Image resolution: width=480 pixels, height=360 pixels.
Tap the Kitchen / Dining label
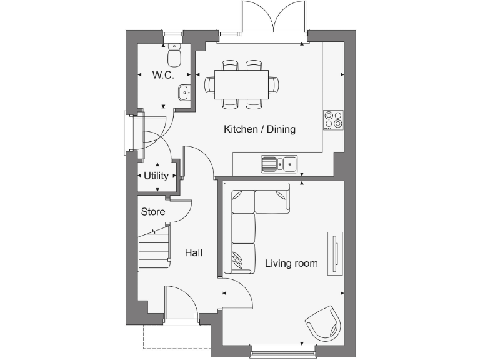pyautogui.click(x=259, y=129)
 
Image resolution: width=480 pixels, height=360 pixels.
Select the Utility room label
pyautogui.click(x=156, y=176)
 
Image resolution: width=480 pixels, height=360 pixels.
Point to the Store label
pyautogui.click(x=153, y=212)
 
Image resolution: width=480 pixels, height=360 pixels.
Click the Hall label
pyautogui.click(x=193, y=253)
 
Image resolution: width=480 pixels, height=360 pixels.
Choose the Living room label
pyautogui.click(x=291, y=264)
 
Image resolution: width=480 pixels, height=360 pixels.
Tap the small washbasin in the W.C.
pyautogui.click(x=184, y=92)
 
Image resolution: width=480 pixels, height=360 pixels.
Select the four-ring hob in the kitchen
pyautogui.click(x=332, y=119)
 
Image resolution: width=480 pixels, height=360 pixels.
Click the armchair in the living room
pyautogui.click(x=324, y=324)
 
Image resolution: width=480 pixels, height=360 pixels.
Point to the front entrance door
pyautogui.click(x=179, y=306)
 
